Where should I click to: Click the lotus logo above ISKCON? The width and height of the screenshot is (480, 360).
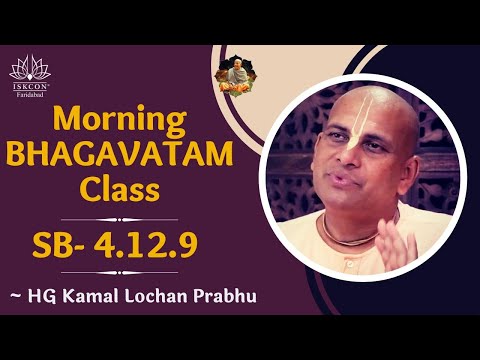tap(30, 67)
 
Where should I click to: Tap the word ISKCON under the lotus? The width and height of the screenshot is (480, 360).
tap(30, 87)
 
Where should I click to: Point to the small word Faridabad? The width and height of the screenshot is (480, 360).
tap(30, 96)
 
